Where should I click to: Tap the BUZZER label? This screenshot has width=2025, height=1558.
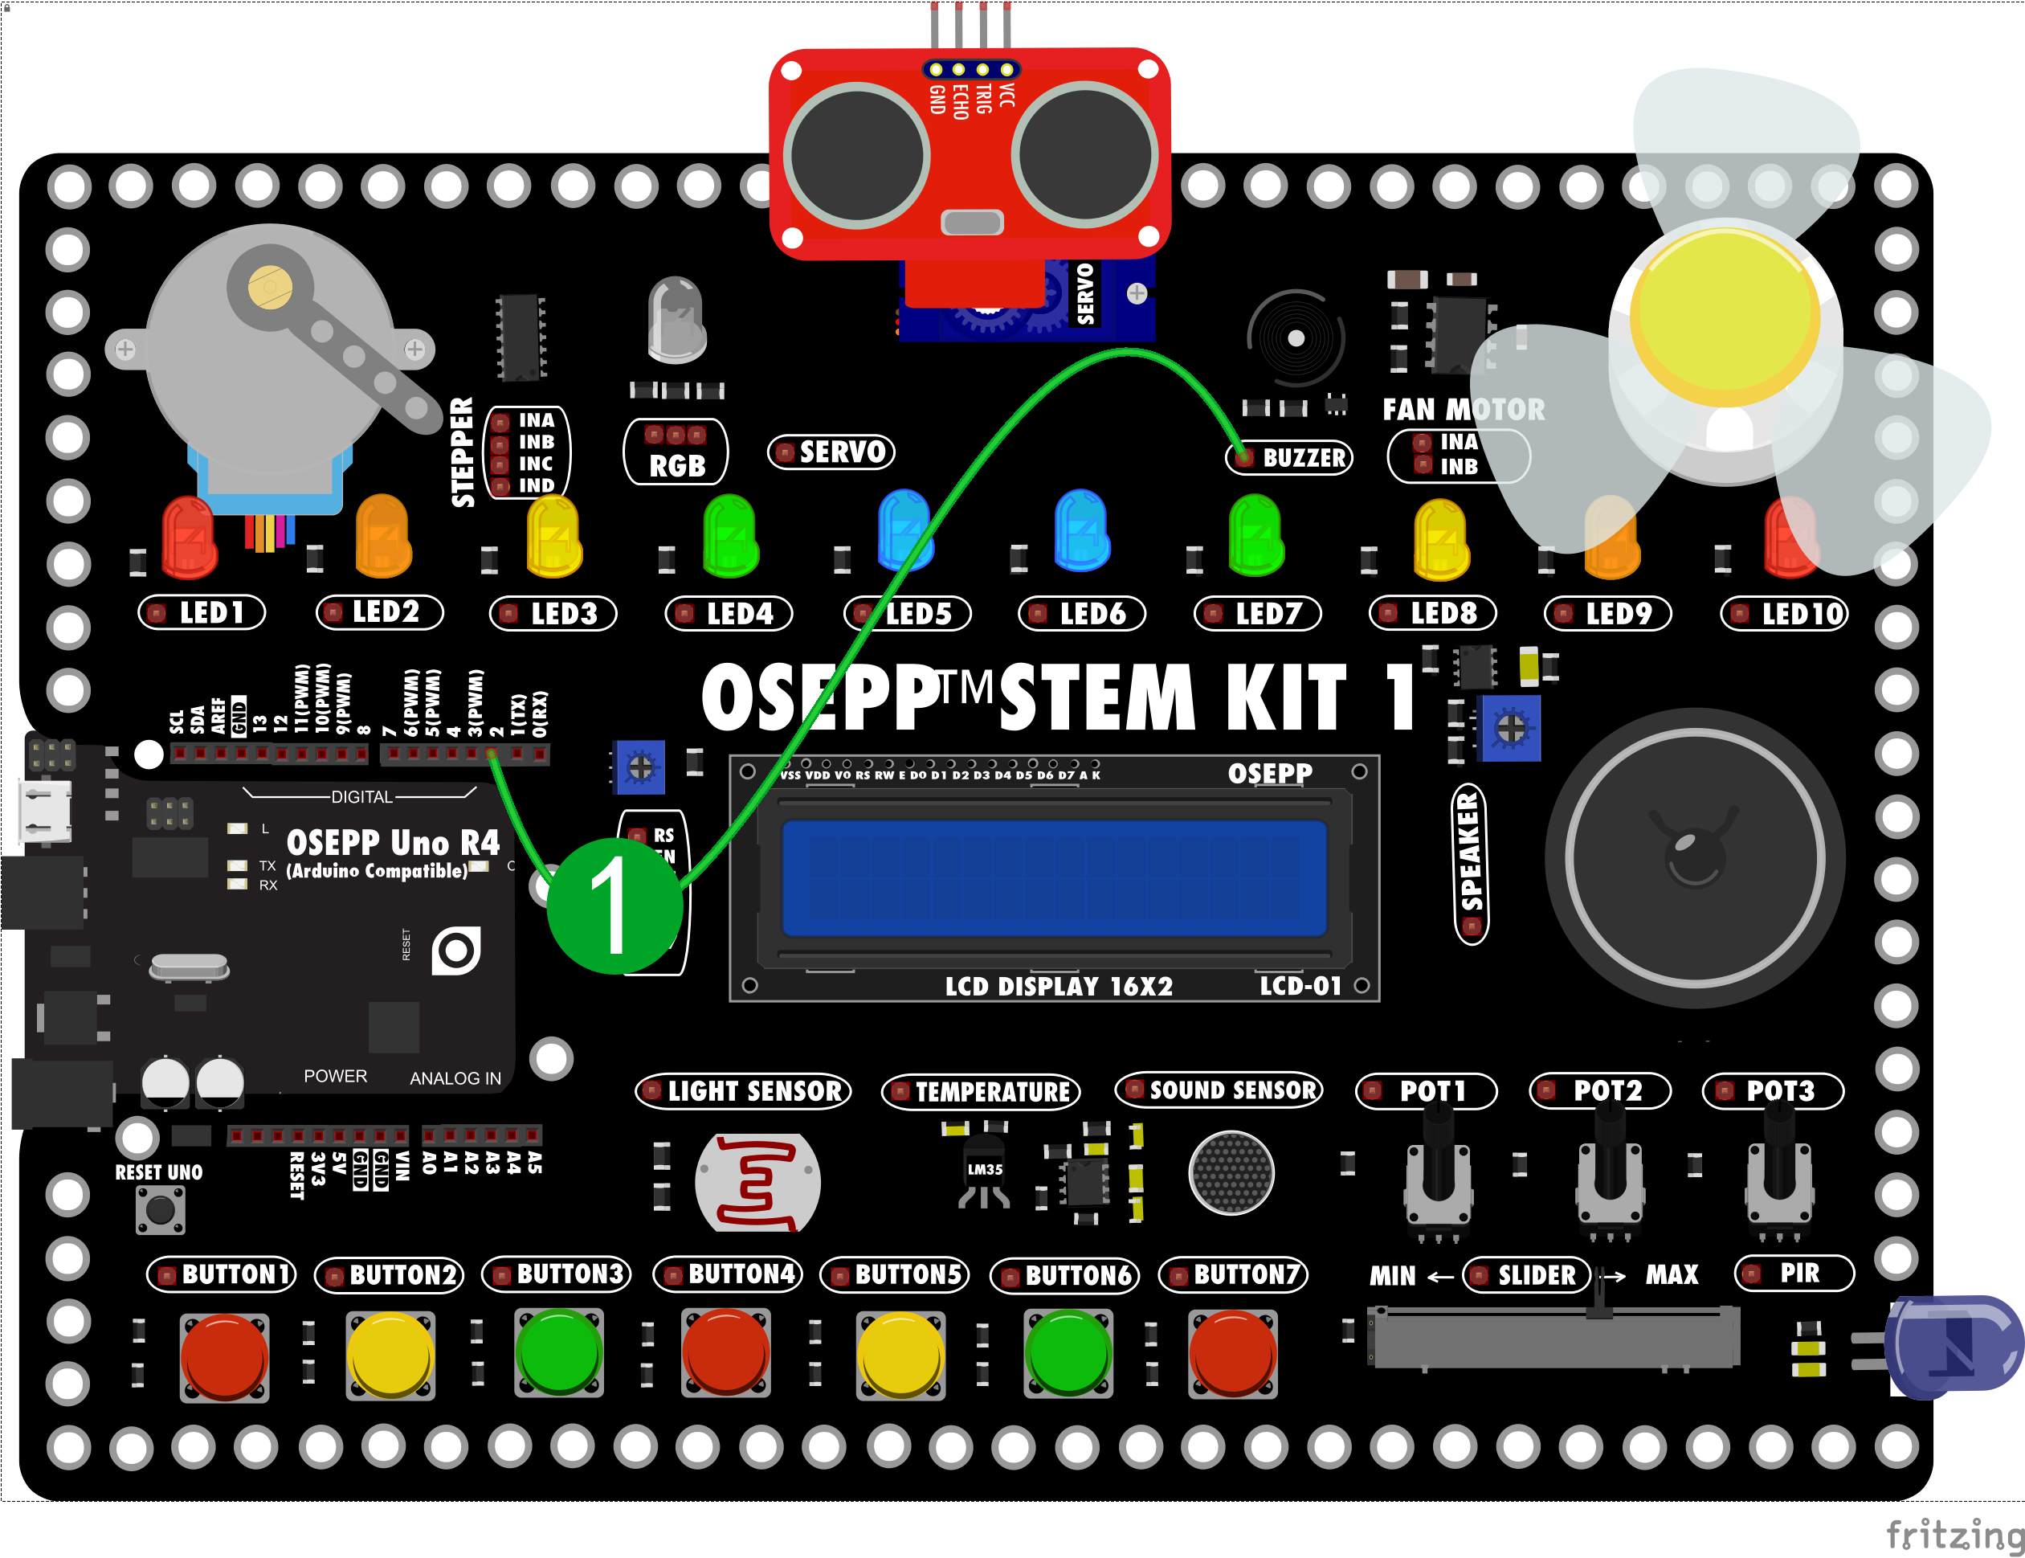pyautogui.click(x=1290, y=457)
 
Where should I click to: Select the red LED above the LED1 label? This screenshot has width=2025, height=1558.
pyautogui.click(x=189, y=538)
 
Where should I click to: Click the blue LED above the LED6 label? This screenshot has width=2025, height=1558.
pyautogui.click(x=1081, y=530)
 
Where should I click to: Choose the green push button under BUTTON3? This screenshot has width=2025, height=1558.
pyautogui.click(x=559, y=1352)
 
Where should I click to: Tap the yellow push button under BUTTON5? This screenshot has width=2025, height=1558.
pyautogui.click(x=900, y=1354)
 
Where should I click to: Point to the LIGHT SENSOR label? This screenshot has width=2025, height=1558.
pyautogui.click(x=744, y=1090)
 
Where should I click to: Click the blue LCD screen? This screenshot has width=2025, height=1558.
pyautogui.click(x=1054, y=877)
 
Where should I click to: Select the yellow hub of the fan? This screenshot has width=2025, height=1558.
pyautogui.click(x=1725, y=315)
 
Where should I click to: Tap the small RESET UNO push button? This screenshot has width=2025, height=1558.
pyautogui.click(x=161, y=1209)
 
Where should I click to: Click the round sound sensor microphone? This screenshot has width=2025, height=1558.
pyautogui.click(x=1231, y=1173)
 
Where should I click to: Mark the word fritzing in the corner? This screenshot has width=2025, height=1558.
pyautogui.click(x=1954, y=1535)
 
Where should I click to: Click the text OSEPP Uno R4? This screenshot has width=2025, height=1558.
pyautogui.click(x=392, y=842)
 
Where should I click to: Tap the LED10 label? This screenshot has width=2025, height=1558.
pyautogui.click(x=1784, y=613)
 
